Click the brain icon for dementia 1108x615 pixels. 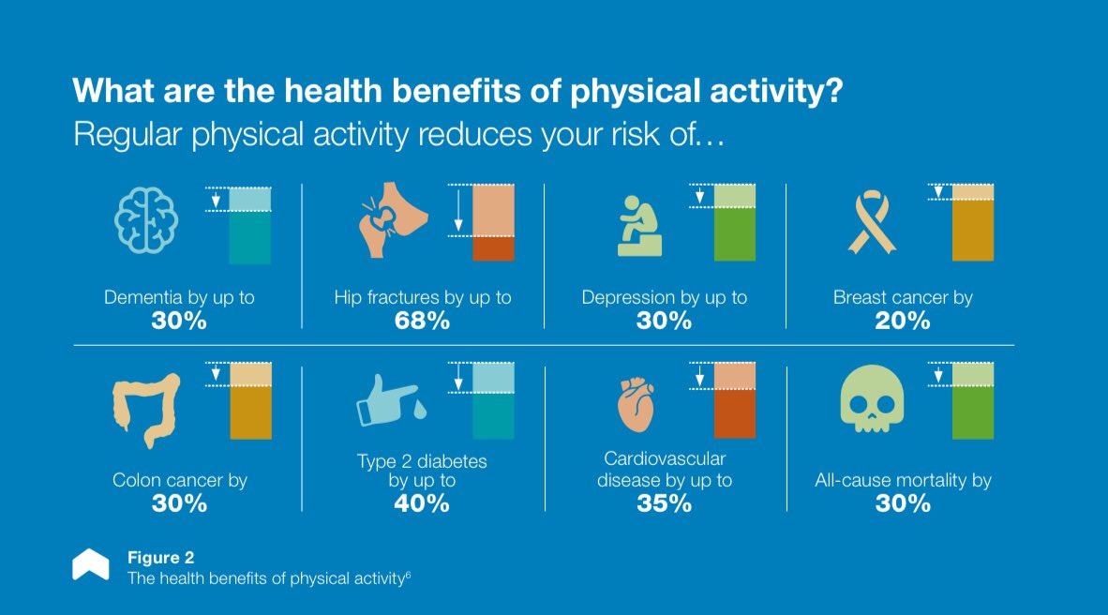pyautogui.click(x=145, y=222)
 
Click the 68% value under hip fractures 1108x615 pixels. pyautogui.click(x=423, y=321)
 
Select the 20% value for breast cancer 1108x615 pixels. pyautogui.click(x=904, y=321)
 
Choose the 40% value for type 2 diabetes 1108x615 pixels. pyautogui.click(x=423, y=503)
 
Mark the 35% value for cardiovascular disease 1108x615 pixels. pyautogui.click(x=663, y=503)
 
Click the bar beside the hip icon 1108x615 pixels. pyautogui.click(x=492, y=223)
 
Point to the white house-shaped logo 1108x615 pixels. pyautogui.click(x=91, y=564)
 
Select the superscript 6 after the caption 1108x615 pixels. pyautogui.click(x=408, y=575)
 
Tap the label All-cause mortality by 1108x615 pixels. pyautogui.click(x=903, y=481)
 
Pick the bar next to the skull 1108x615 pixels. pyautogui.click(x=973, y=401)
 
